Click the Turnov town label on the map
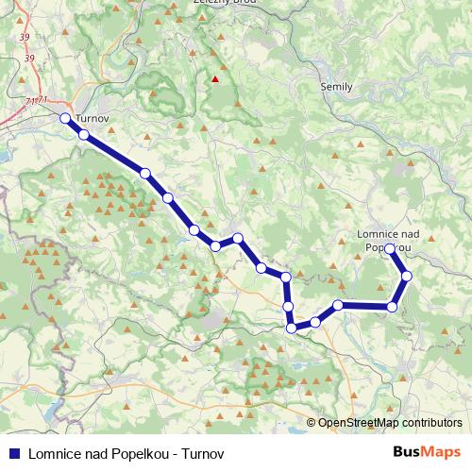point(92,119)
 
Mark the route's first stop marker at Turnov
point(65,118)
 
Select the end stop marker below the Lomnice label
point(390,248)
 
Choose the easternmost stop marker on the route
point(407,276)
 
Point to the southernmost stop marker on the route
point(292,328)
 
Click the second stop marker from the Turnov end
point(84,135)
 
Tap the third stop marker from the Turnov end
point(144,173)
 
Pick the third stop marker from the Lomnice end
point(393,306)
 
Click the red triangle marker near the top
point(215,80)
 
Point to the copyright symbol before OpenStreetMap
point(312,423)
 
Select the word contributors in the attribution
point(431,423)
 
